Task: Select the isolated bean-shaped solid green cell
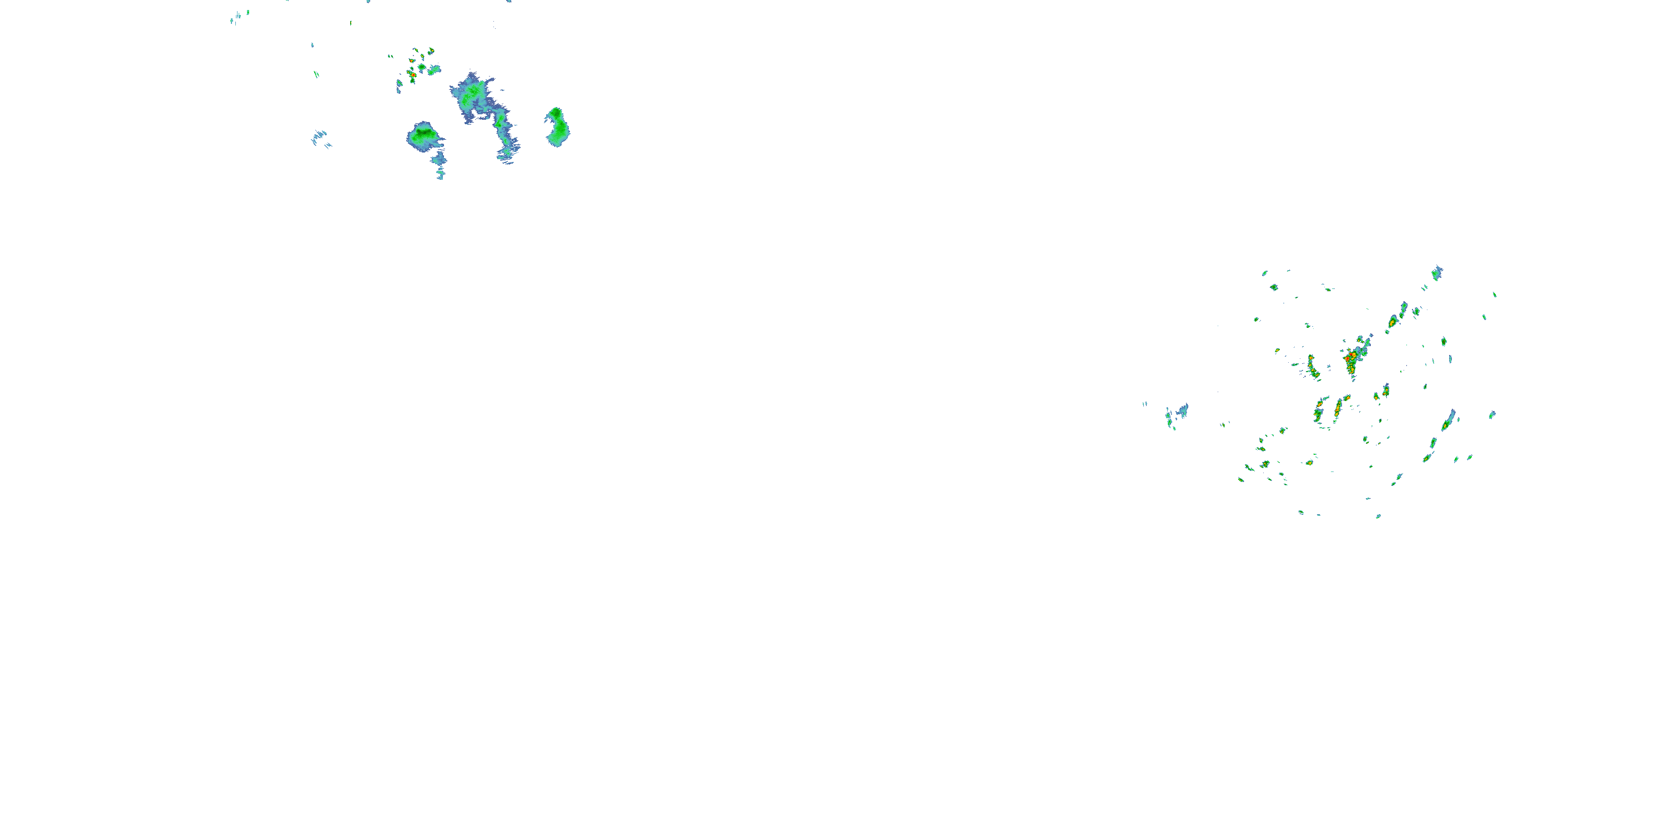coord(557,126)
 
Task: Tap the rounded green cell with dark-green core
coord(423,135)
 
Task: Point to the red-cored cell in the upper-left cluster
coord(412,75)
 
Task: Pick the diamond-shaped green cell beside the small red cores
coord(421,67)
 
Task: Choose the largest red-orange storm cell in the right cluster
coord(1351,358)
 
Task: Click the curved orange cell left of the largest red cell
coord(1313,366)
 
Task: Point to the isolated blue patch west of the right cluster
coord(1178,413)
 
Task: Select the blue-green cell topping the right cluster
coord(1437,273)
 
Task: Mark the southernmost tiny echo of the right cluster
coord(1378,516)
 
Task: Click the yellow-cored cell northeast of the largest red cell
coord(1393,321)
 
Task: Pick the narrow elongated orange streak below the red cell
coord(1338,407)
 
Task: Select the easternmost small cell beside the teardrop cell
coord(1492,415)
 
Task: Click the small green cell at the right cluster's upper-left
coord(1265,273)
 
